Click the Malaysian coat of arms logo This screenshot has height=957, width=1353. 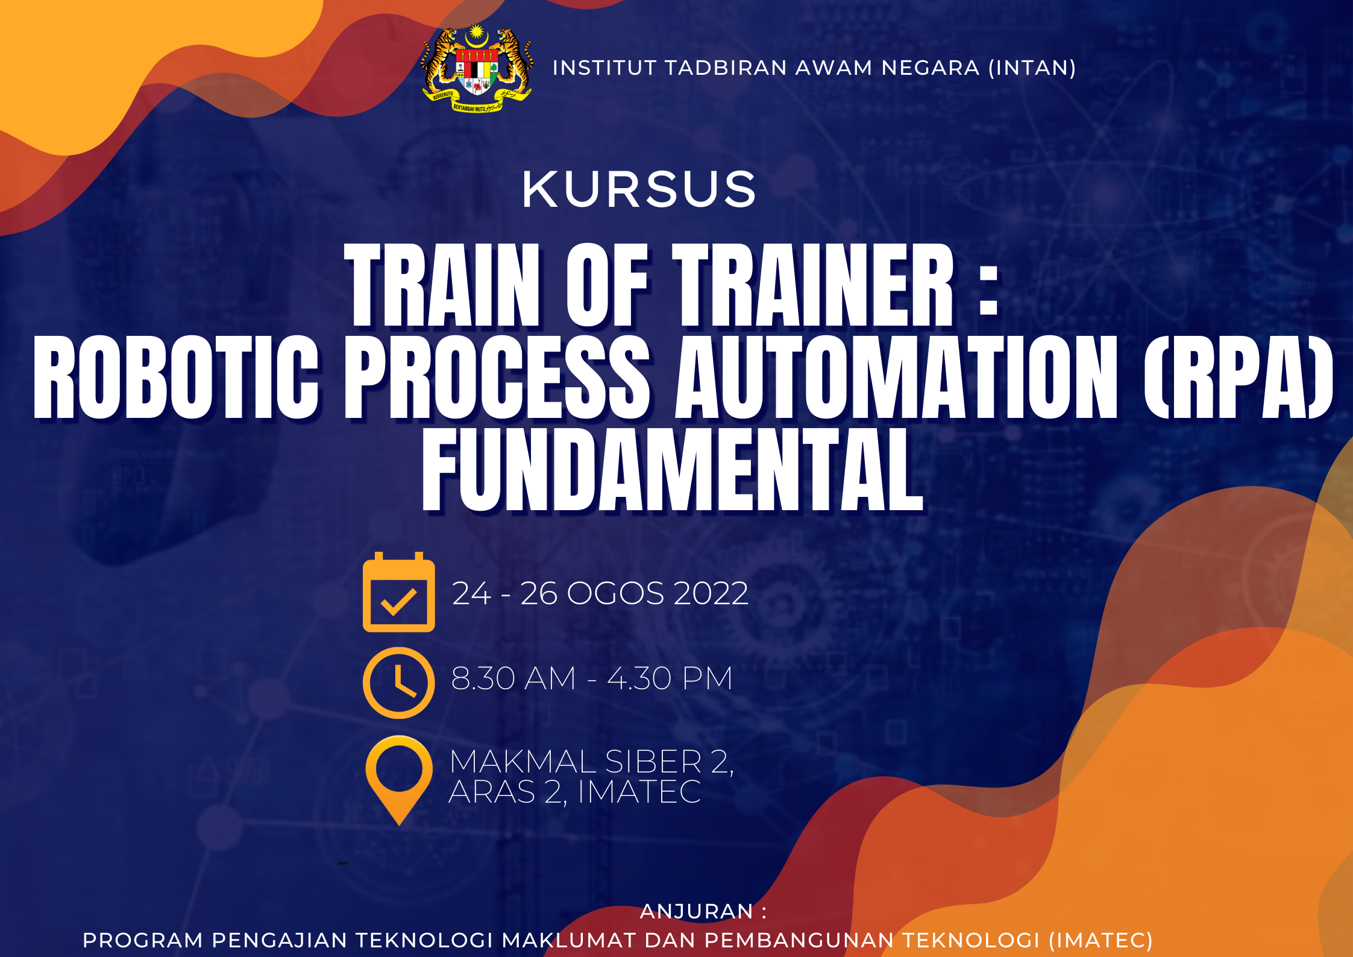477,68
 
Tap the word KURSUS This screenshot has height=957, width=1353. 639,189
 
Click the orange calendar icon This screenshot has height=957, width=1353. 398,592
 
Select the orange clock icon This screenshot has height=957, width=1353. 398,683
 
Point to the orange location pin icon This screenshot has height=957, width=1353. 399,780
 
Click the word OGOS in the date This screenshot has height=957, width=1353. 615,593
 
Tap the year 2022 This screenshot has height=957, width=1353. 711,593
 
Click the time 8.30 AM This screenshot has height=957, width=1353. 513,678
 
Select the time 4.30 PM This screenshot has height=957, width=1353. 670,678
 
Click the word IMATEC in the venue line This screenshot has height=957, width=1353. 639,792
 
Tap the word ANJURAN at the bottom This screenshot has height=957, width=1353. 697,911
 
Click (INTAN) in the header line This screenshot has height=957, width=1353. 1032,68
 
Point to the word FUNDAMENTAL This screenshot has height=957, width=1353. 673,470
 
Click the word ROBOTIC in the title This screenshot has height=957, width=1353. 175,377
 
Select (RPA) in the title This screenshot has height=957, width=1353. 1238,377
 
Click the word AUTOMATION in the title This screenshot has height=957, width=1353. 896,377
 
